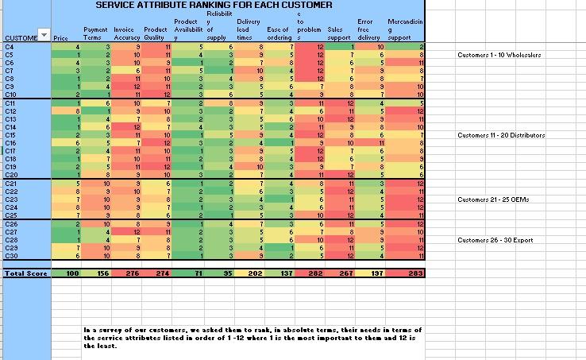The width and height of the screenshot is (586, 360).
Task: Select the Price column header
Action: pyautogui.click(x=60, y=37)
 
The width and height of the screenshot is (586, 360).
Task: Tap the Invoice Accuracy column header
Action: pyautogui.click(x=127, y=33)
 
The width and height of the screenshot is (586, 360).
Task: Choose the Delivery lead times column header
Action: pyautogui.click(x=249, y=29)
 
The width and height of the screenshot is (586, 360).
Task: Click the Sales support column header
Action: pyautogui.click(x=339, y=33)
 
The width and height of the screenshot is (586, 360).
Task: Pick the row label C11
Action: pyautogui.click(x=11, y=104)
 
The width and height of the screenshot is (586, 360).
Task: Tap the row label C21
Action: pyautogui.click(x=11, y=184)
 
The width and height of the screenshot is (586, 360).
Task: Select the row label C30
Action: pyautogui.click(x=11, y=255)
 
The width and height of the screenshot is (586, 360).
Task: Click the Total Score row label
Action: pyautogui.click(x=24, y=273)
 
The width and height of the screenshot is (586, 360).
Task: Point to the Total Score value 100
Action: pyautogui.click(x=72, y=273)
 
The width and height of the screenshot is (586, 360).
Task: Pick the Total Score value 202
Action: pyautogui.click(x=254, y=273)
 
